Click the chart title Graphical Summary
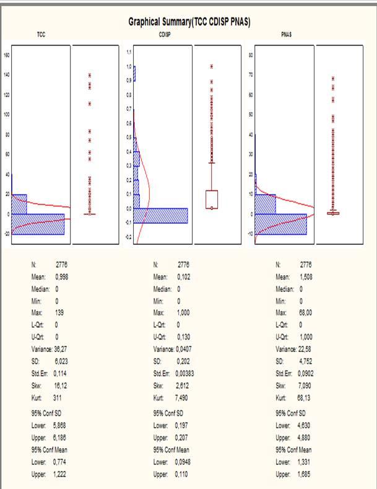[189, 22]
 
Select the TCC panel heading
[41, 35]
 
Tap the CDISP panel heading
[165, 35]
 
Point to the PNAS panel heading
[287, 35]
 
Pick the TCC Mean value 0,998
[61, 276]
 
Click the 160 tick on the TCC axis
[7, 55]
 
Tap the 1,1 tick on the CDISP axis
[129, 51]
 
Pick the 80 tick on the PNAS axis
[251, 55]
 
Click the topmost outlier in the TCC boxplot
[90, 75]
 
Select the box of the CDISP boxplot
[212, 199]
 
